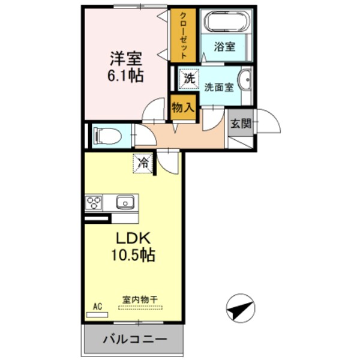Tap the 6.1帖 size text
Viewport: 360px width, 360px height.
tap(126, 77)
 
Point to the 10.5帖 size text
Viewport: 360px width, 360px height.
tap(133, 256)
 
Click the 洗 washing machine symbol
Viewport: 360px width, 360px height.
tap(188, 79)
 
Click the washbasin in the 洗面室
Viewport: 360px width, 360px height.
tap(245, 81)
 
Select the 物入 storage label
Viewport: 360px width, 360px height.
tap(182, 109)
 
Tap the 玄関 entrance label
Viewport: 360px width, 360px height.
tap(242, 124)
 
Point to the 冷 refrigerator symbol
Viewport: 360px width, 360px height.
tap(143, 162)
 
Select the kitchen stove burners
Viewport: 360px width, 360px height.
tap(94, 203)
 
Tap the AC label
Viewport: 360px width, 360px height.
tap(97, 307)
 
